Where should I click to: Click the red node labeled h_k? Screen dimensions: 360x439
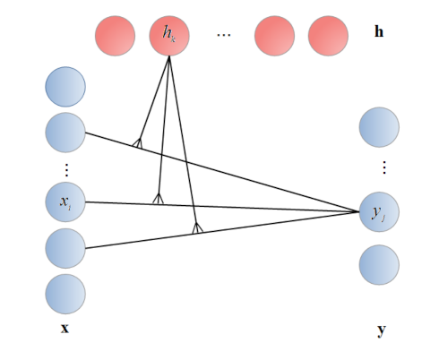tap(169, 37)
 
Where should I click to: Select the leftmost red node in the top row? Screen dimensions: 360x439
tap(115, 37)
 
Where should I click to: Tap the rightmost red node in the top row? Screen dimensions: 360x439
tap(328, 37)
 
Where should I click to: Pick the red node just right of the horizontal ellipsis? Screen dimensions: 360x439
tap(274, 37)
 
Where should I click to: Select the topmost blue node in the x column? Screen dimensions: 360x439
tap(65, 87)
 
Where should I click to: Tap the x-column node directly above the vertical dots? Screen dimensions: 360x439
tap(65, 132)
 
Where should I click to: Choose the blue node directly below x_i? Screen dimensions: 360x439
tap(65, 248)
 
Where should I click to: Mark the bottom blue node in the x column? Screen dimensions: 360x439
tap(65, 294)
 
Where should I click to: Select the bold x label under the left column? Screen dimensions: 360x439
tap(65, 329)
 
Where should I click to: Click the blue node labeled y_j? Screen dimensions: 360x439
tap(378, 212)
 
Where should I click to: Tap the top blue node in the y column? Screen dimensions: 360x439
tap(378, 126)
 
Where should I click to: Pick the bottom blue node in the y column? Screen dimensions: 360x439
tap(378, 265)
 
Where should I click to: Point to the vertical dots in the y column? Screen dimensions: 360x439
tap(383, 167)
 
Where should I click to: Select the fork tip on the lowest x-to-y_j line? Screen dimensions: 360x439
tap(197, 230)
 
